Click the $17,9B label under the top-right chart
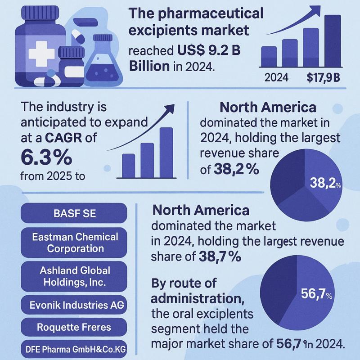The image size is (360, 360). [323, 77]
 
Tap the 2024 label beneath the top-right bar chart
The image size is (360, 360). [277, 77]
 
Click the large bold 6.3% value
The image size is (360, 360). [46, 156]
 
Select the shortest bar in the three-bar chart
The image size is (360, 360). [129, 166]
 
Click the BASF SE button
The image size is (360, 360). [74, 213]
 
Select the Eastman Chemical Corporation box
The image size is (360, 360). [74, 242]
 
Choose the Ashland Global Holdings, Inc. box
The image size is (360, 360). [74, 276]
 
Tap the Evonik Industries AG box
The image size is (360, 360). [74, 305]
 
